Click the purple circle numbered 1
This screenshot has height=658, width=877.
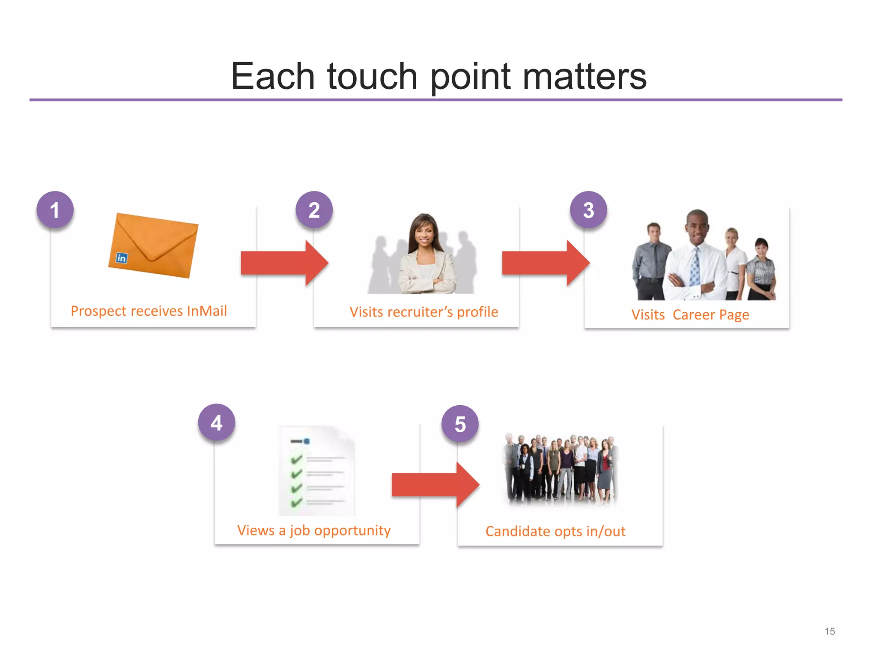(x=55, y=210)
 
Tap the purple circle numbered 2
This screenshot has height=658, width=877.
(x=314, y=210)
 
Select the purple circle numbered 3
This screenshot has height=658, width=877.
(x=588, y=210)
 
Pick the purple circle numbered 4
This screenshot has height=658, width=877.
(x=216, y=423)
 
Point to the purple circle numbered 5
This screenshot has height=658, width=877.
(x=460, y=424)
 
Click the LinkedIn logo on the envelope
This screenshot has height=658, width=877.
(x=122, y=258)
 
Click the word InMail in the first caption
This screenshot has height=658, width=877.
(x=207, y=311)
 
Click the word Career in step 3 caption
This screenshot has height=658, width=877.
(x=694, y=315)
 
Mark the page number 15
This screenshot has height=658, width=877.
(x=829, y=631)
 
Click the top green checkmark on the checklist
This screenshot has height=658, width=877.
(x=296, y=460)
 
